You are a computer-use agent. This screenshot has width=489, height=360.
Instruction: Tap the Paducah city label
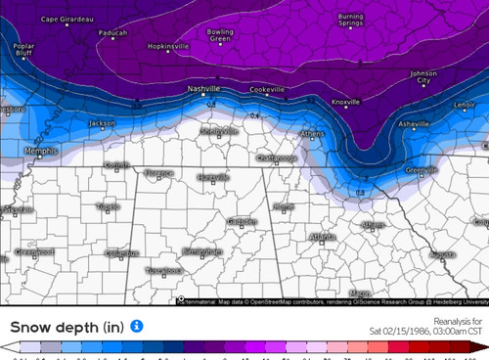(x=112, y=32)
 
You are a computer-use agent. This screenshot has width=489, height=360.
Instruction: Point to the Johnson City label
(x=424, y=76)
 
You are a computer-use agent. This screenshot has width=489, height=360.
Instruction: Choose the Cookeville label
(x=266, y=90)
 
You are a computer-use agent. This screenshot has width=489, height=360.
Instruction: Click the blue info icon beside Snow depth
(x=137, y=325)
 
